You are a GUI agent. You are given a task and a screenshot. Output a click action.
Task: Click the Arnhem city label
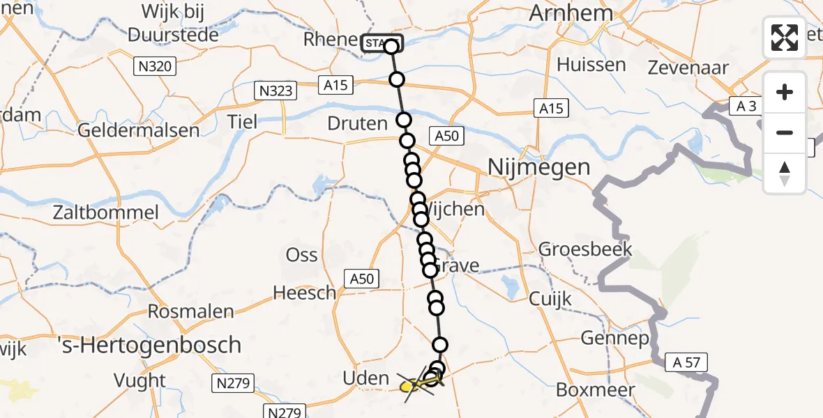pos(571,13)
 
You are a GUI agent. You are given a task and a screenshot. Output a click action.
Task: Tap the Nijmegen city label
pos(538,167)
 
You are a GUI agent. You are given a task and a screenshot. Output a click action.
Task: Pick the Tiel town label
pos(243,121)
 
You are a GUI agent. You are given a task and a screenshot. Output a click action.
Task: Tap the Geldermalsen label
pos(138,130)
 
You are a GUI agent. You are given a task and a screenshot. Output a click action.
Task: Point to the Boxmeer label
pos(601,389)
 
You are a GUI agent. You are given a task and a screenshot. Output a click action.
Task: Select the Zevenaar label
pos(688,68)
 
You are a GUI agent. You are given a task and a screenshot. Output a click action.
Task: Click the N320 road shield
pos(155,67)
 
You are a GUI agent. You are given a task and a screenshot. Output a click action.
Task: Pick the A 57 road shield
pos(686,362)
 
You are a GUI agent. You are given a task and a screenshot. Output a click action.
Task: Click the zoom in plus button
pos(785,92)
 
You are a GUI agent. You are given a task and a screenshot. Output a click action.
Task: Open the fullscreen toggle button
pos(785,38)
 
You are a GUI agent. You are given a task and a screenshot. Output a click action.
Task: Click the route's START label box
pos(382,43)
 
